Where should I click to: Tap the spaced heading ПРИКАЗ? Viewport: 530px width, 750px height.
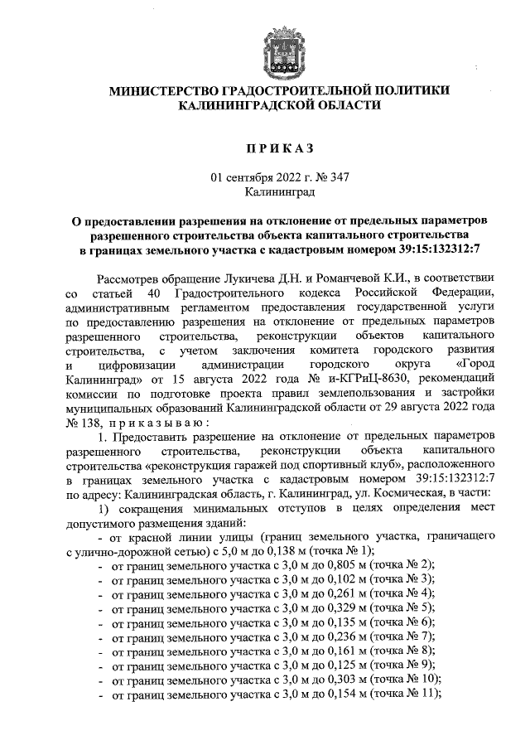274,148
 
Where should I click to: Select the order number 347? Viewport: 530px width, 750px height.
325,177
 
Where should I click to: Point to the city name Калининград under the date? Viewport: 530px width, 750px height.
274,192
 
